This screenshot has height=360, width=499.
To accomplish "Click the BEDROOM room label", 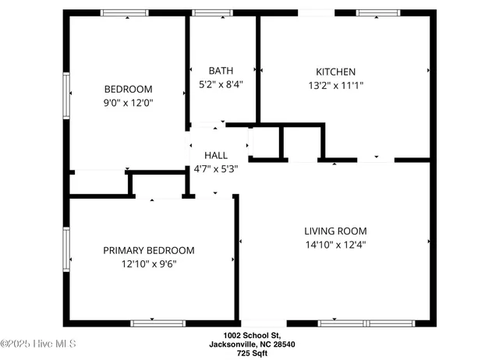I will tap(129, 89).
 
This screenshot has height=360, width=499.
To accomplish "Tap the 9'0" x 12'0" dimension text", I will tap(129, 102).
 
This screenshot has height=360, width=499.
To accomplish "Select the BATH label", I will tap(221, 71).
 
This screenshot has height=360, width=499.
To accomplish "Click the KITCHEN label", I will tap(335, 71).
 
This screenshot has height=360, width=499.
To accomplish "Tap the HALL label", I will tap(216, 155).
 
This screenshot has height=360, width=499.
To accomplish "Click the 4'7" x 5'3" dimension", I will tap(216, 168).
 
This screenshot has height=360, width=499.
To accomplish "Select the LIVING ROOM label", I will tap(335, 231).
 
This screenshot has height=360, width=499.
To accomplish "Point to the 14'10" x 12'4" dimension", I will tap(335, 244).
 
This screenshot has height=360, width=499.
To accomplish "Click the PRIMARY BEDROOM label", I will tap(149, 250).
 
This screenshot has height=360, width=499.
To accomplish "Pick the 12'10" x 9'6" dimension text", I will tap(149, 263).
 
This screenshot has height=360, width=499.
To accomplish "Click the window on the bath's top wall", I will tap(207, 12).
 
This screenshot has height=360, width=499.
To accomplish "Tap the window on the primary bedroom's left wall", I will tap(66, 249).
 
